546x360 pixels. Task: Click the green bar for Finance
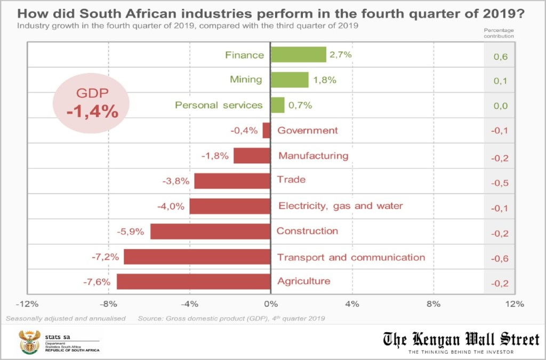[298, 54]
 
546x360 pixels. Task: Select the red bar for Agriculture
[194, 281]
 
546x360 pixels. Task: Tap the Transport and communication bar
[197, 257]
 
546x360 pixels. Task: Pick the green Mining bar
[290, 79]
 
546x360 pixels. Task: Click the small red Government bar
[267, 130]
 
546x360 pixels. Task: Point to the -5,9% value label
[131, 232]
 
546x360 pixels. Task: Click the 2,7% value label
[341, 55]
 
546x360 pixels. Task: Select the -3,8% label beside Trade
[176, 181]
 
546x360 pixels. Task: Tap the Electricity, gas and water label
[341, 206]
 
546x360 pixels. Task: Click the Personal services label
[219, 105]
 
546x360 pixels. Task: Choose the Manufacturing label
[313, 156]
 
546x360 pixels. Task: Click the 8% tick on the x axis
[433, 304]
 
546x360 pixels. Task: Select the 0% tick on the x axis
[271, 304]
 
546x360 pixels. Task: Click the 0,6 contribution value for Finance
[500, 56]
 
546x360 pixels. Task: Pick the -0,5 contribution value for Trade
[499, 183]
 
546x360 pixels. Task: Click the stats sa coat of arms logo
[29, 342]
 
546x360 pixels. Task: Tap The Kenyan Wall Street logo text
[461, 339]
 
